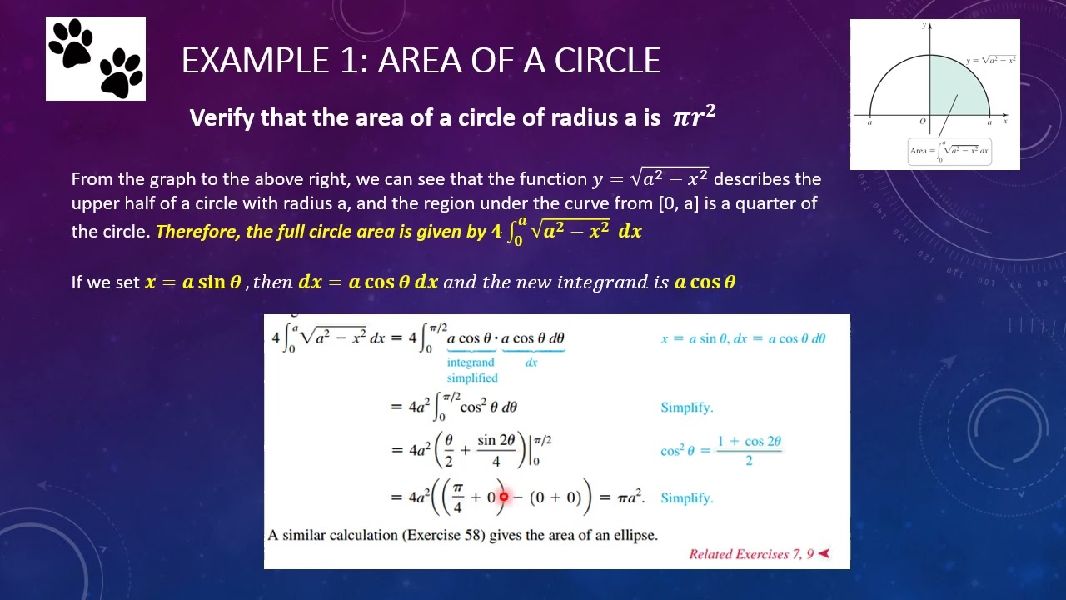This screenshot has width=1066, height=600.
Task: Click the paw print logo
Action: pos(96,58)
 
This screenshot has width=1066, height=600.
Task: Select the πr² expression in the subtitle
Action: pos(694,117)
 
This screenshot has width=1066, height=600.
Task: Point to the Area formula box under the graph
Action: pos(949,151)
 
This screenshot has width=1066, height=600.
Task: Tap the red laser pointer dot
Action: pos(503,497)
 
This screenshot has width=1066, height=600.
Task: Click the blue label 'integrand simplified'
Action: pos(471,370)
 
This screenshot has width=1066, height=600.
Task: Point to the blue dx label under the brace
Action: pos(531,362)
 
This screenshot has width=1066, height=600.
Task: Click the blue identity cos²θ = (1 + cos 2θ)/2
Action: pos(721,450)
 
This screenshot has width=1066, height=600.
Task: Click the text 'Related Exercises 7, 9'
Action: pos(751,554)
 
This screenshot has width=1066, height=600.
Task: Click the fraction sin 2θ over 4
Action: pos(497,450)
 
